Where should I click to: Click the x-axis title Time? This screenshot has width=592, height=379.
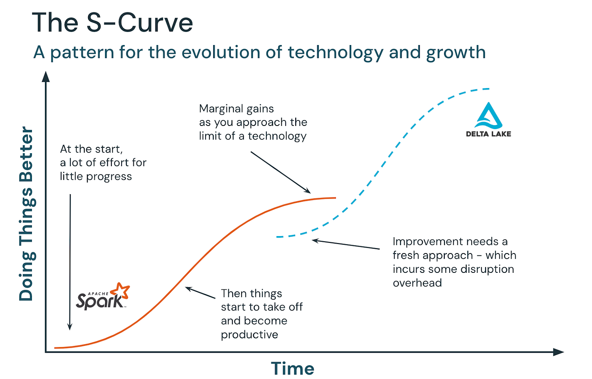pos(292,368)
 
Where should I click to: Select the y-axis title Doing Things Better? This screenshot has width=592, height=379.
pos(26,214)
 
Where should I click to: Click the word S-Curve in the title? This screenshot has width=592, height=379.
pos(140,23)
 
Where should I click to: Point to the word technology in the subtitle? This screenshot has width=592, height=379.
pos(335,53)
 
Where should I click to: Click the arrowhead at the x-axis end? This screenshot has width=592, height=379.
pos(558,352)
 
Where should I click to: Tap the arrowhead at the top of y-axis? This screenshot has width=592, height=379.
pos(46,77)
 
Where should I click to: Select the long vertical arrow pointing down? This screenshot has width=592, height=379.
pos(70,262)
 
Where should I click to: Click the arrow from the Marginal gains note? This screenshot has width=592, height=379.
pos(281,172)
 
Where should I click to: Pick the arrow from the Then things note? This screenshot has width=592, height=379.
pos(200,293)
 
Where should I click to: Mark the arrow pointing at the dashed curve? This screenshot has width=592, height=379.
pos(346,244)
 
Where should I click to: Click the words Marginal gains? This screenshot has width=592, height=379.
pos(236,109)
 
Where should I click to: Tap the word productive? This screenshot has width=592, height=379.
pos(249,335)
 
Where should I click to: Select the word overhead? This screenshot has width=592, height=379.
pos(417,283)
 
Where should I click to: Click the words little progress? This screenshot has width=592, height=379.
pos(96,176)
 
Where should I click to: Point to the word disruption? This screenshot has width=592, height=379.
pos(487,269)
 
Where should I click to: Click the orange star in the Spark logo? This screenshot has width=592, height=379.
pos(120,291)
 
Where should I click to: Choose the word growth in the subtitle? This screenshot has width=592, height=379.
pos(456,53)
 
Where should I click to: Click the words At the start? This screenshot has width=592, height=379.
pos(92,149)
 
